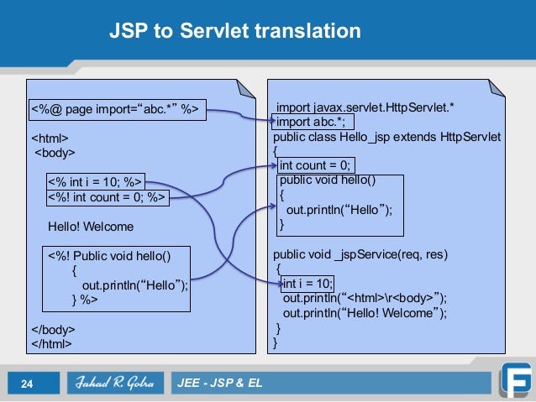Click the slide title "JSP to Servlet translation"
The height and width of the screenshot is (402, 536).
235,32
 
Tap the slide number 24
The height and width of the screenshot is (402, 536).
26,384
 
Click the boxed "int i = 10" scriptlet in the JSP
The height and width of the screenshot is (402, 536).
95,181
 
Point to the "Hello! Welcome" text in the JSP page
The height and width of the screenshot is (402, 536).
91,227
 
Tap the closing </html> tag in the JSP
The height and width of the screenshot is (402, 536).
51,343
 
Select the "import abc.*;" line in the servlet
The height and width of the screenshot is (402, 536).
311,121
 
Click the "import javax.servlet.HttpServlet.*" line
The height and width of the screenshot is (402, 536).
366,107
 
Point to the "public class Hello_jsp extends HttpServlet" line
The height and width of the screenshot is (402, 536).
386,136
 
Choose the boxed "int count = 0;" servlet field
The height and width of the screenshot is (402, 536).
316,164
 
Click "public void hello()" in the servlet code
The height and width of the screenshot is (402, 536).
328,180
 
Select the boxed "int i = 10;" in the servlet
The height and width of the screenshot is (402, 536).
307,283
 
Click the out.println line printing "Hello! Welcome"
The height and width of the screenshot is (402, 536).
365,312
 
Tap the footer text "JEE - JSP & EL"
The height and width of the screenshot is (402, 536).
220,384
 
